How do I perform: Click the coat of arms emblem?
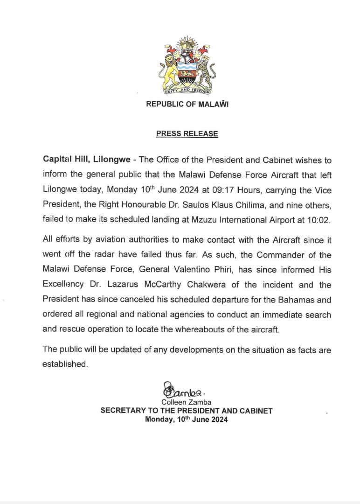(187, 67)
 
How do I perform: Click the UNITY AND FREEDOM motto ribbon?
(187, 91)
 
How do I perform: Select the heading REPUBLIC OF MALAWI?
(187, 105)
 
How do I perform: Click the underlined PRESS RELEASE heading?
(187, 134)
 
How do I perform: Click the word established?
(65, 364)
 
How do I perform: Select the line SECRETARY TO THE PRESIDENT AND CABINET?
(187, 411)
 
